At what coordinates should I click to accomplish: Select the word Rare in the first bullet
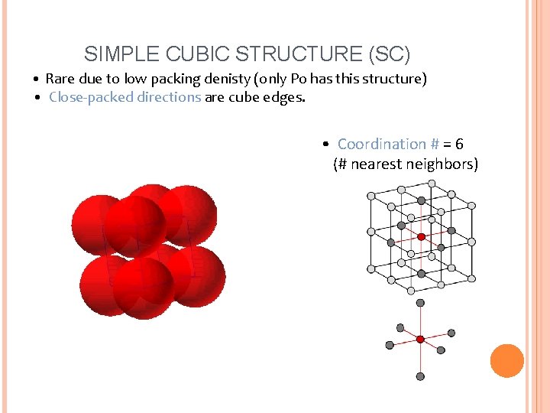pos(60,79)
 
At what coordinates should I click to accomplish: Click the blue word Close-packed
pos(91,97)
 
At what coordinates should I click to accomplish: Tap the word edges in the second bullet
pos(287,97)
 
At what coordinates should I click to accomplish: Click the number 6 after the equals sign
pos(458,144)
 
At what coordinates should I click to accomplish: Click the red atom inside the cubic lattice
pos(421,236)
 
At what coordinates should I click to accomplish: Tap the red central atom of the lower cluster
pos(420,339)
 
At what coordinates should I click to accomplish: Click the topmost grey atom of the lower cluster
pos(420,303)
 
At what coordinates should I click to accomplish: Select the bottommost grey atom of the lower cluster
pos(420,376)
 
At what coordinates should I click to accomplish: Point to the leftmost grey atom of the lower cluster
pos(390,345)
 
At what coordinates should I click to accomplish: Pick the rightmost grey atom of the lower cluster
pos(451,333)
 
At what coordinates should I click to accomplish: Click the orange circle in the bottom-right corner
pos(506,361)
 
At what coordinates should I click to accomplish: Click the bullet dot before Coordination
pos(326,145)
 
